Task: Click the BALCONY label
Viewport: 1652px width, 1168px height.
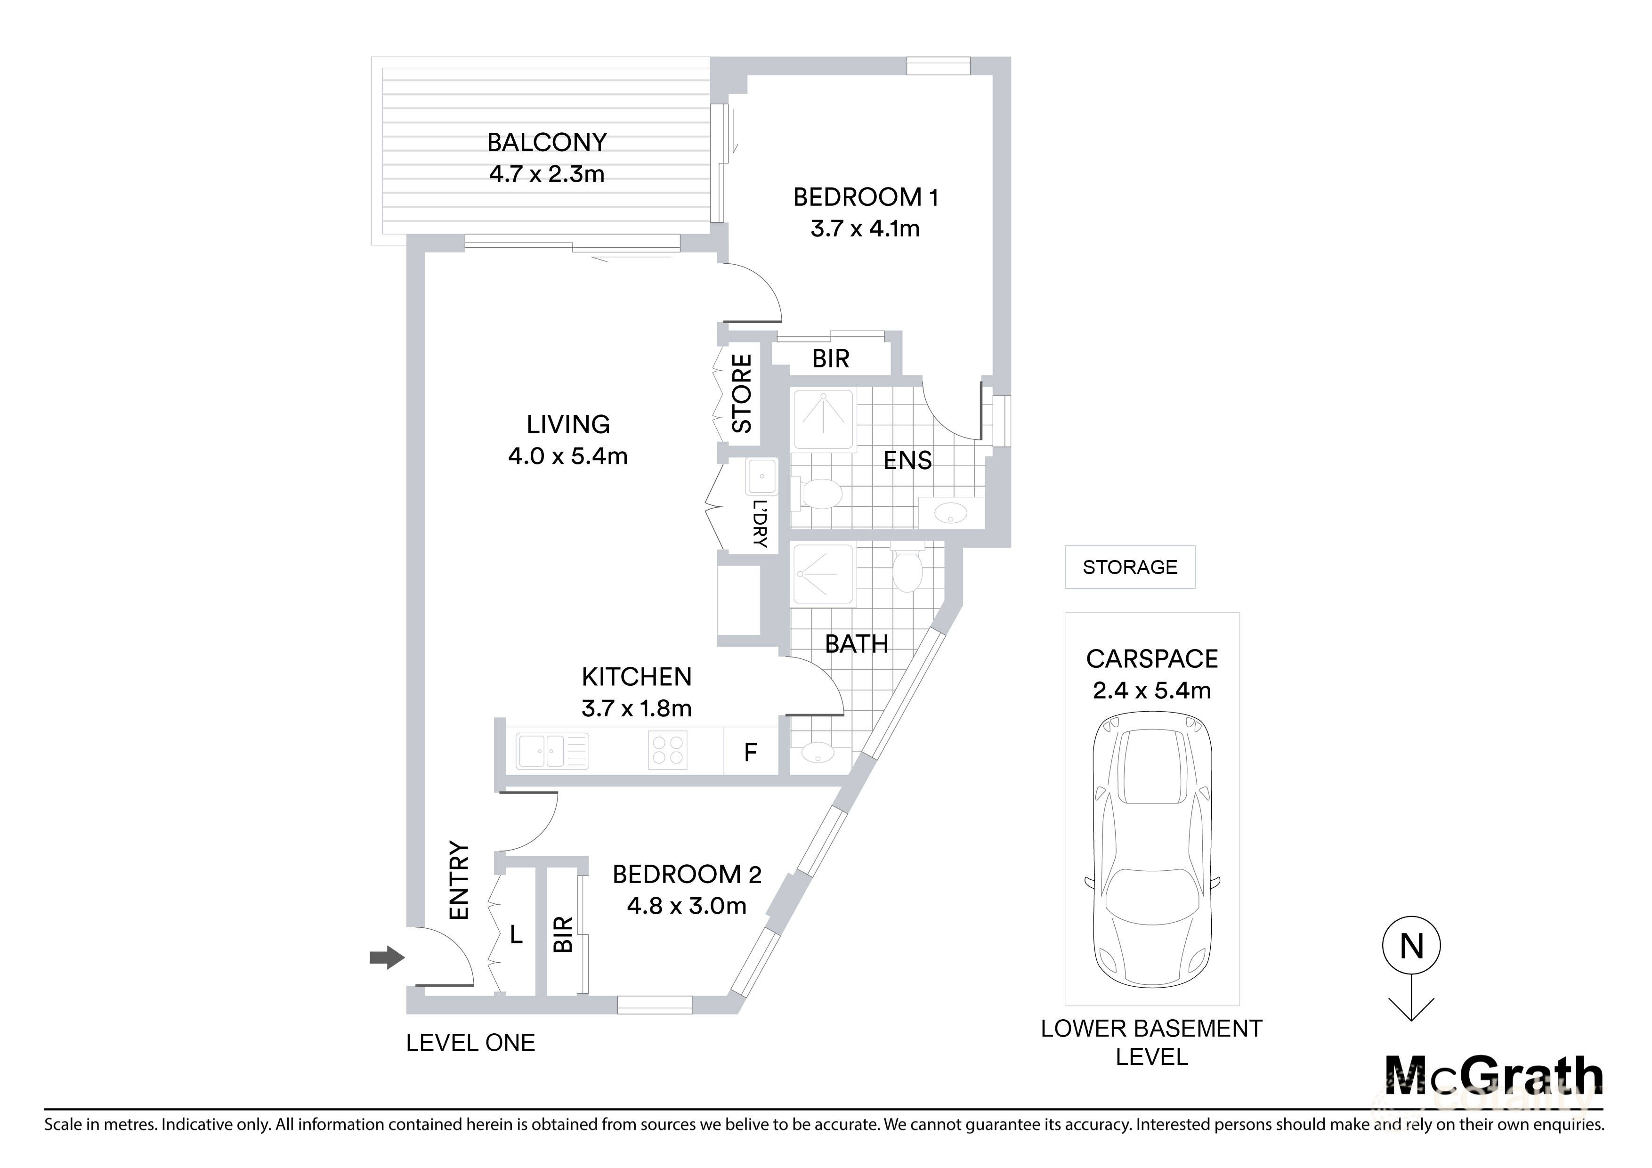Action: point(547,143)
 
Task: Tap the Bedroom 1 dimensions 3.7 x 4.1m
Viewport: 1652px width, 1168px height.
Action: point(865,229)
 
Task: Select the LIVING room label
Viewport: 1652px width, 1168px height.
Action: point(567,425)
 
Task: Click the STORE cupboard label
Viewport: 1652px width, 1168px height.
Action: point(742,394)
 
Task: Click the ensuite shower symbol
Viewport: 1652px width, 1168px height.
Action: point(823,420)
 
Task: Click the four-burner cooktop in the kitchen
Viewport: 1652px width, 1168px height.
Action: point(668,750)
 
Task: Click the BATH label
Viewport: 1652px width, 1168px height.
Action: point(856,644)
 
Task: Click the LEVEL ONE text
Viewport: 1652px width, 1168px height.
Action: point(470,1043)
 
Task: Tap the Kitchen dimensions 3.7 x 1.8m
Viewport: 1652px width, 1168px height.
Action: point(637,709)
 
